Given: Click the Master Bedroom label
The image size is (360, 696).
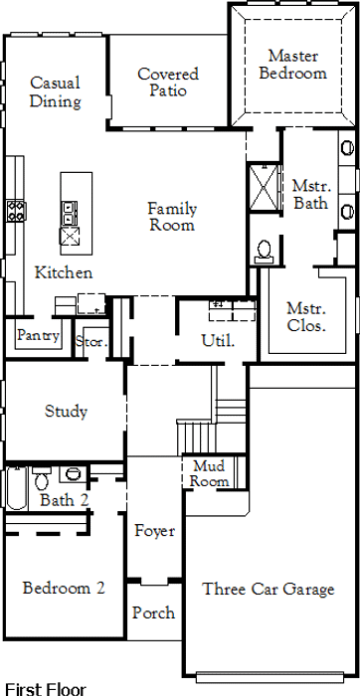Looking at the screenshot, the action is [293, 65].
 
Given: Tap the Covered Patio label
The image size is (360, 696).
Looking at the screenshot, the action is [168, 83].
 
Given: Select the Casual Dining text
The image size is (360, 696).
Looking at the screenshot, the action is [56, 91].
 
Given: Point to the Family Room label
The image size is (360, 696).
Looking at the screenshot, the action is [172, 216].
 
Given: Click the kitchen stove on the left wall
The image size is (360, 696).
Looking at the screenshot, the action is [16, 211].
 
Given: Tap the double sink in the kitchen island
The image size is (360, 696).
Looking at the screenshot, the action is [69, 213].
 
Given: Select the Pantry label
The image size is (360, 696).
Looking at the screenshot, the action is [38, 335].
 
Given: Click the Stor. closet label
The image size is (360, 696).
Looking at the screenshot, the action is [91, 341].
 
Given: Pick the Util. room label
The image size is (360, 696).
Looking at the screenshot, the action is [218, 340].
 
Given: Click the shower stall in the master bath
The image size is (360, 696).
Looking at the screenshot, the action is [264, 187].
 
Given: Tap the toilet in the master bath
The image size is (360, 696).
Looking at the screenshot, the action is [265, 251].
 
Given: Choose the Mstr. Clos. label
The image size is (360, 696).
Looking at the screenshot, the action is [306, 317].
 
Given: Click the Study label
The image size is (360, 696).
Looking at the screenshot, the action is [67, 411].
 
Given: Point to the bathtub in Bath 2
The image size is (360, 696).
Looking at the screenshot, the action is [17, 487].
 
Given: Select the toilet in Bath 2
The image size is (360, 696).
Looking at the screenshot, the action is [42, 478].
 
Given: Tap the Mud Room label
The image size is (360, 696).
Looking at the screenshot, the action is [209, 473].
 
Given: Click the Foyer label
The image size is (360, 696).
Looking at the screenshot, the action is [155, 530].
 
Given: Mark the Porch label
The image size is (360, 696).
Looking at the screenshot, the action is [153, 612].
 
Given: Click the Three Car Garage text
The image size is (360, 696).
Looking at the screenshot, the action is [269, 589].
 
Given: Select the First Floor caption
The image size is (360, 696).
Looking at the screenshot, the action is [46, 689].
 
